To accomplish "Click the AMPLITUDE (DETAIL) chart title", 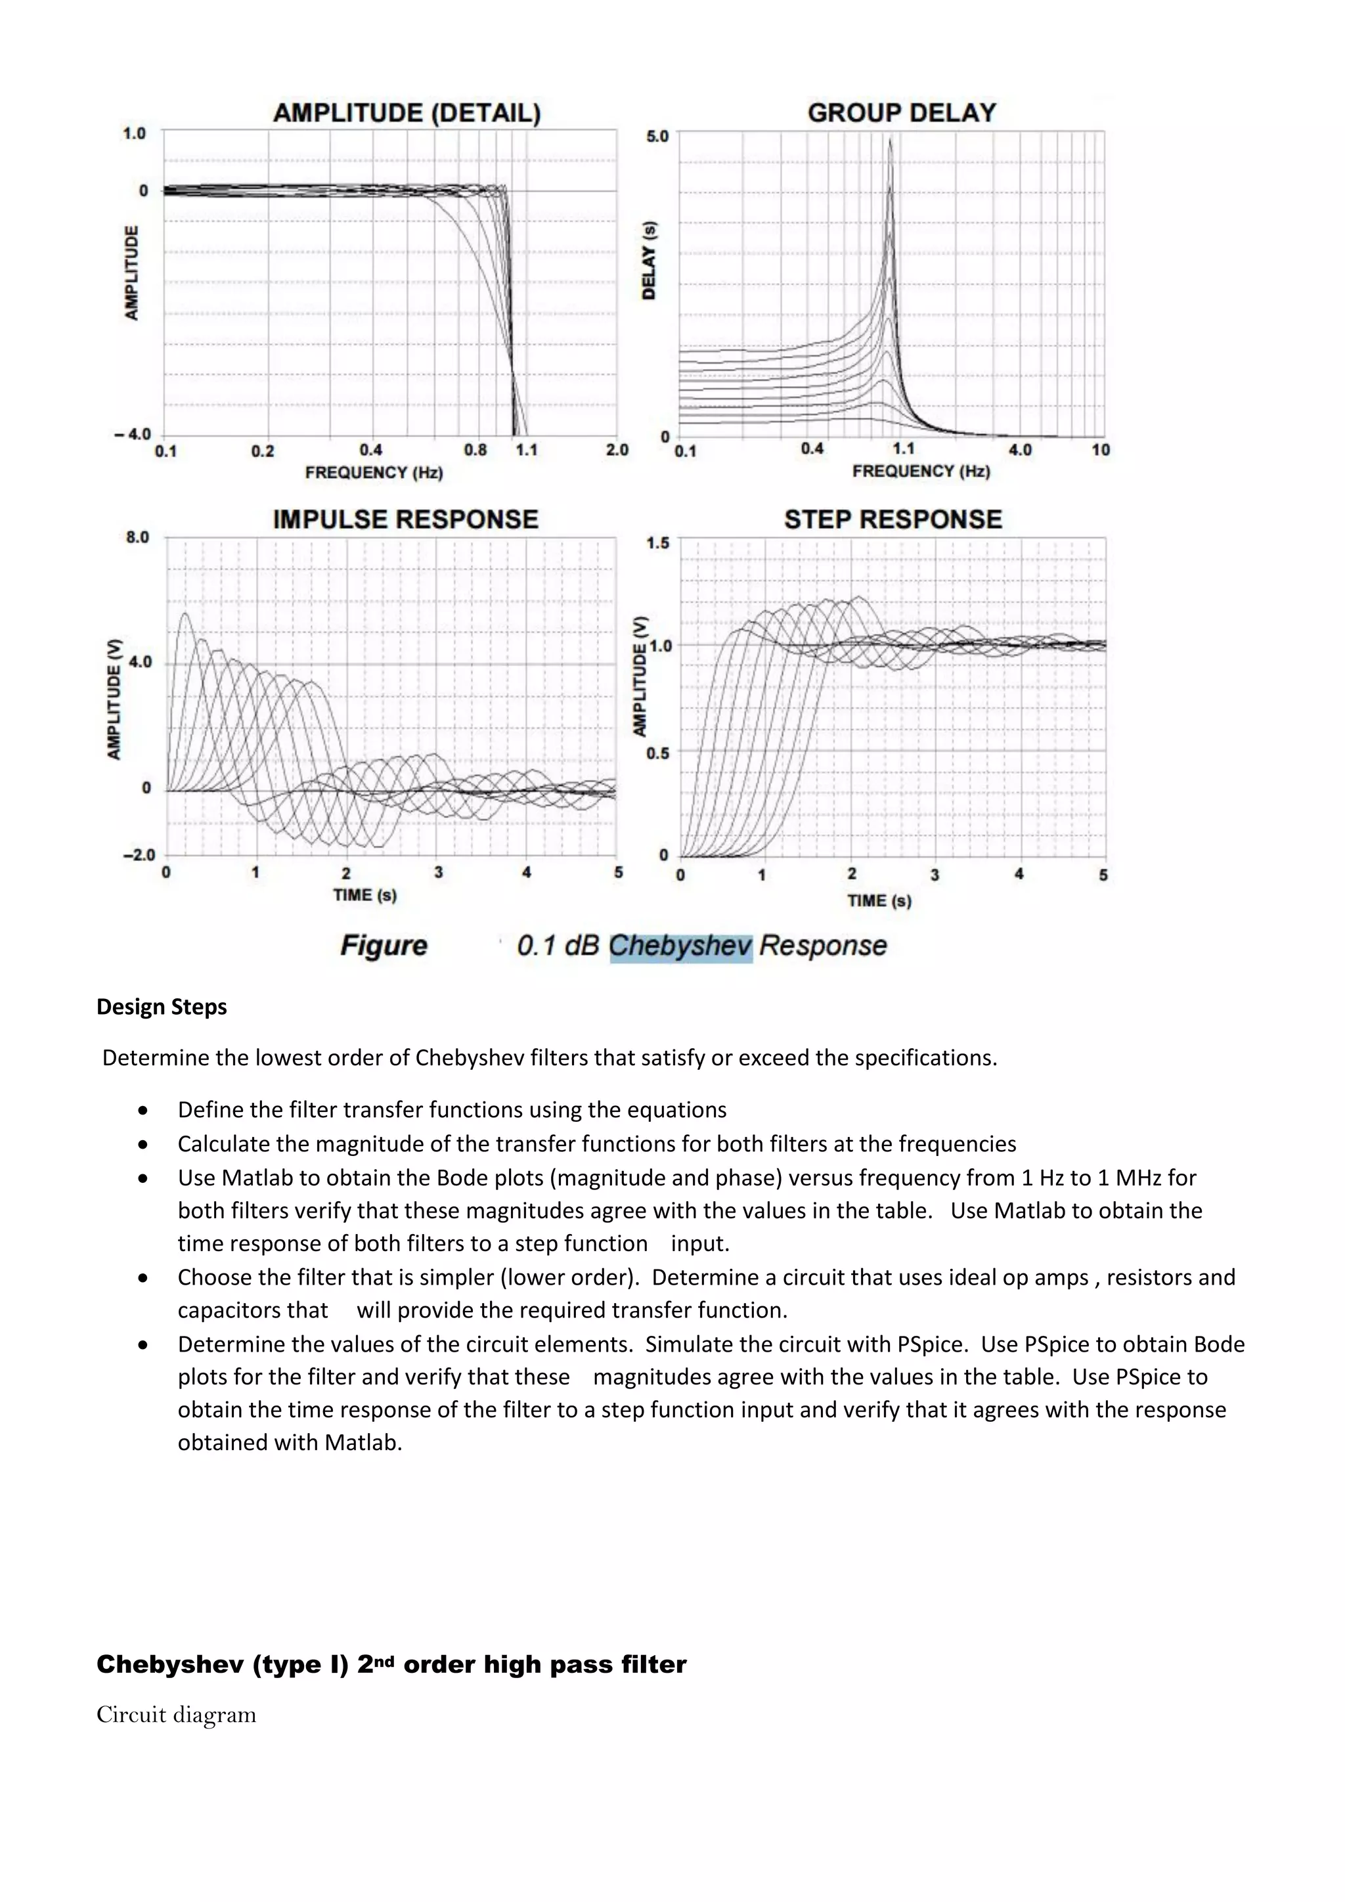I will pos(407,113).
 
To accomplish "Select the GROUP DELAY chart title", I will pos(901,113).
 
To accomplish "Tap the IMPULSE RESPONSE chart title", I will pos(405,520).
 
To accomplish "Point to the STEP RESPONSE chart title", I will pos(893,520).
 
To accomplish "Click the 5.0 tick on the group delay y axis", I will pos(657,136).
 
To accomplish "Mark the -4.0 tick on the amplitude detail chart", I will pos(133,434).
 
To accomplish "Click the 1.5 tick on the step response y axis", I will pos(657,542).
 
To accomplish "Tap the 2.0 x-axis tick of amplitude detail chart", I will pos(617,450).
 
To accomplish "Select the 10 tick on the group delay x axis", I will pos(1100,450).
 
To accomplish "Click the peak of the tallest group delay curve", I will pos(891,139).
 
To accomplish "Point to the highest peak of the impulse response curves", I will pos(185,614).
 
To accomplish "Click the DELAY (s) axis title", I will pos(650,260).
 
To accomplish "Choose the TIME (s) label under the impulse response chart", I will pos(364,895).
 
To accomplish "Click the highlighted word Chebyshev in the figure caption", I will pos(680,945).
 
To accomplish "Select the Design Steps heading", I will pos(162,1007).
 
